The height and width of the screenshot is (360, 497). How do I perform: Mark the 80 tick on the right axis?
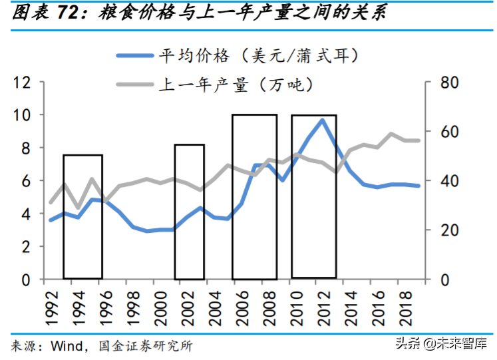coord(449,83)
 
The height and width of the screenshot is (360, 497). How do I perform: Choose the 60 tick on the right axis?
coord(449,132)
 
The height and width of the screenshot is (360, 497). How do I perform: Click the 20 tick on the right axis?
coord(449,230)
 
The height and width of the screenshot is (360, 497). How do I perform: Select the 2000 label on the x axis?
coord(154,303)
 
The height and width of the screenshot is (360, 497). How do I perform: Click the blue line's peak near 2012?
coord(323,120)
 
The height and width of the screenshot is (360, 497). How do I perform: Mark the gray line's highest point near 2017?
coord(392,134)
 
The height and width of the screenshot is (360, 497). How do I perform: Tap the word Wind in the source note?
coord(67,346)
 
